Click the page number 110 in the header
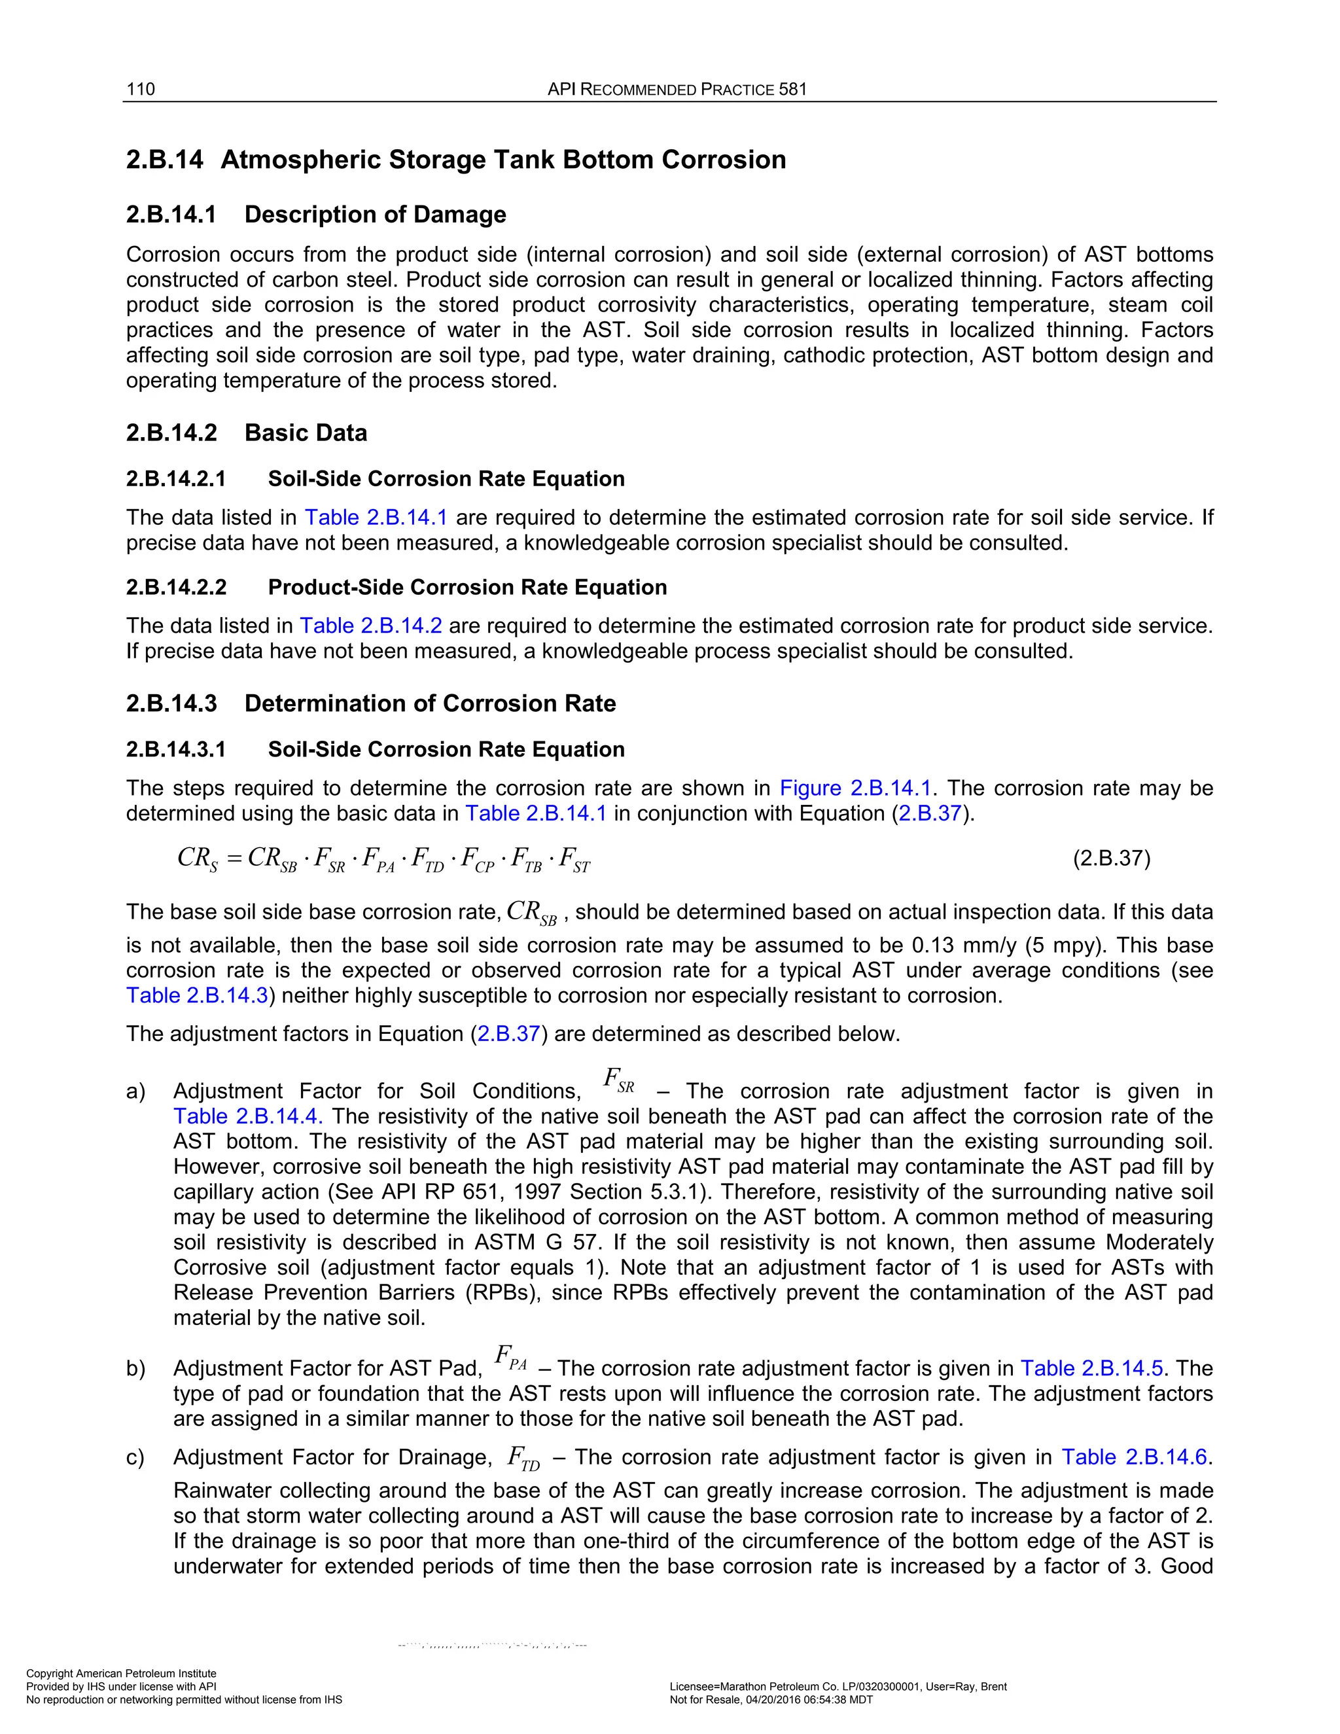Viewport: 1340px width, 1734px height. pyautogui.click(x=141, y=89)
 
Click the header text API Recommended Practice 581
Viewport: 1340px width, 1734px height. pyautogui.click(x=677, y=89)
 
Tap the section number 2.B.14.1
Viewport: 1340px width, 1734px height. pyautogui.click(x=171, y=215)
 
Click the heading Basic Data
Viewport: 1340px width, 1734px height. pyautogui.click(x=306, y=433)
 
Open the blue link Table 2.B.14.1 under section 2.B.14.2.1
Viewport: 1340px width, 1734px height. pyautogui.click(x=376, y=518)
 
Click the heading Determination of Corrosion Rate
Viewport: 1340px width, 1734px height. pyautogui.click(x=429, y=703)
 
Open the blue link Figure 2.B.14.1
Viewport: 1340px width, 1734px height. pyautogui.click(x=855, y=788)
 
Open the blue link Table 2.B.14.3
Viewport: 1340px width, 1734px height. pyautogui.click(x=197, y=996)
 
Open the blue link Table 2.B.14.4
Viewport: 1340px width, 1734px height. pyautogui.click(x=247, y=1116)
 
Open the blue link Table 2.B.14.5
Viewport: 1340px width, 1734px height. pyautogui.click(x=1091, y=1369)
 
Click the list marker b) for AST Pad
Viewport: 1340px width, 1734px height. pyautogui.click(x=135, y=1369)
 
